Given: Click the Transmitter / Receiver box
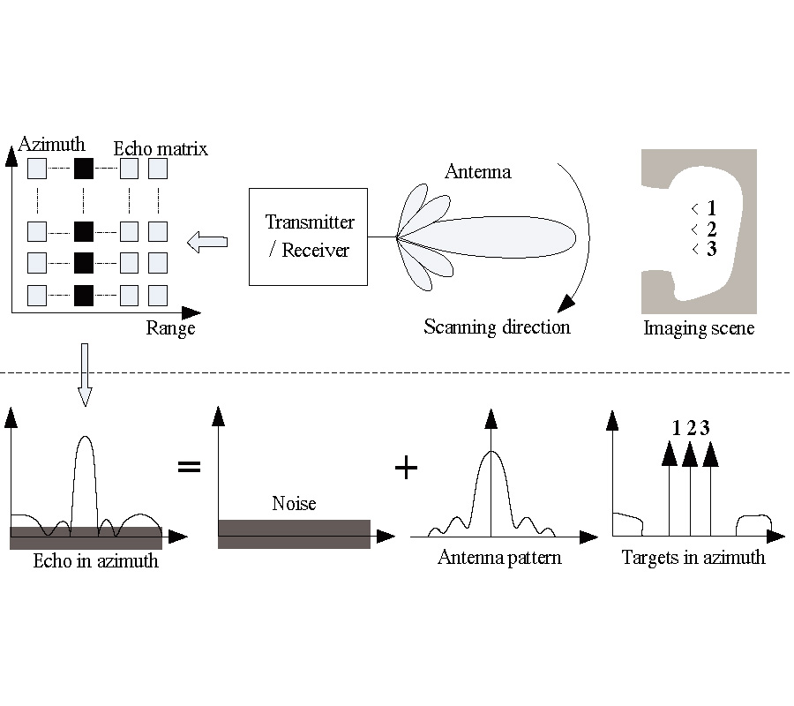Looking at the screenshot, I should (308, 237).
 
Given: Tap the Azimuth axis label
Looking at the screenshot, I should (52, 144).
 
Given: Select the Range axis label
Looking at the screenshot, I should (170, 328).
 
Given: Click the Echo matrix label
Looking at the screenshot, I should (161, 148).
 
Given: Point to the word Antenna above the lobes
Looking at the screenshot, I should (477, 171).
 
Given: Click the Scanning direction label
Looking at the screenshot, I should (497, 327).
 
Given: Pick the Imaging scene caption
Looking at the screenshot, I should (699, 329).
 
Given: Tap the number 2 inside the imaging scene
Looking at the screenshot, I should (711, 229).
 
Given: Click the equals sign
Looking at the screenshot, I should (189, 466).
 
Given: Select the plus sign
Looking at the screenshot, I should (405, 467).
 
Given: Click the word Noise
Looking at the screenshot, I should (294, 504).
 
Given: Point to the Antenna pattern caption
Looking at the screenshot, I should (499, 558).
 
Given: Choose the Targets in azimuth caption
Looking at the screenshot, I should (693, 558).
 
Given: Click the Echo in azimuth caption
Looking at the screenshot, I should (95, 560).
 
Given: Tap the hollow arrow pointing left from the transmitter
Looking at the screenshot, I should (208, 241).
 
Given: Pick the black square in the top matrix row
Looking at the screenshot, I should (83, 169).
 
